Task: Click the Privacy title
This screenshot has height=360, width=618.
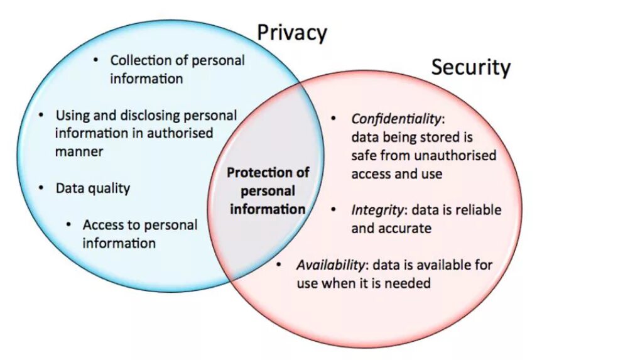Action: point(292,33)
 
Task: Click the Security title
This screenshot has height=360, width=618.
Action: point(470,67)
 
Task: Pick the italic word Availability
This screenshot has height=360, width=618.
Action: point(330,265)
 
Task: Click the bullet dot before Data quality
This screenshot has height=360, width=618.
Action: point(41,187)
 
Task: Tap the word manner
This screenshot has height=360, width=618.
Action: point(79,151)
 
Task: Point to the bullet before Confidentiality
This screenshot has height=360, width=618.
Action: point(335,118)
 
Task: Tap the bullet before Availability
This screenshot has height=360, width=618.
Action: point(279,265)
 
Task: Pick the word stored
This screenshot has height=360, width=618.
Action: point(438,137)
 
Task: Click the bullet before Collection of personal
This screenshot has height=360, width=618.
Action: point(95,60)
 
